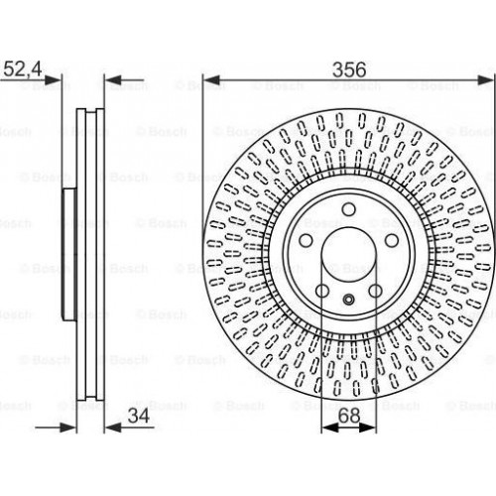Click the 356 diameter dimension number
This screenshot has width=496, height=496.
(349, 69)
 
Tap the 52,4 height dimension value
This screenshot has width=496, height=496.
(23, 69)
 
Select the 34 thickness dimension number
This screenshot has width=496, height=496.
(139, 416)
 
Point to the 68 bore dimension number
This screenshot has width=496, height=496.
(349, 416)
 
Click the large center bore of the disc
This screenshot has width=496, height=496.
(349, 254)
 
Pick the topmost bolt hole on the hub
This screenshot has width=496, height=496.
(349, 209)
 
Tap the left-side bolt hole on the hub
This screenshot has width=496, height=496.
(306, 240)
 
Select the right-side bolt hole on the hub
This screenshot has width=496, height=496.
(392, 240)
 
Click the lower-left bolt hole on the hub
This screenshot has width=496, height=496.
(322, 291)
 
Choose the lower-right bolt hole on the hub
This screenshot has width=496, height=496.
(375, 291)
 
